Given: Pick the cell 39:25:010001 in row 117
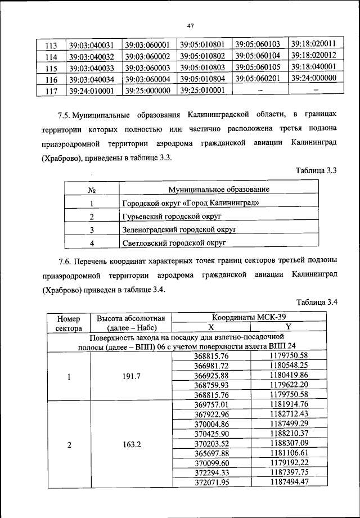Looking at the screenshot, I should point(202,89).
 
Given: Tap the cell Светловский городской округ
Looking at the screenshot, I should point(174,243).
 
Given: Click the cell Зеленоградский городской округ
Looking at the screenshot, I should point(179,229).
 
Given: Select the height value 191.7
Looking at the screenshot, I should point(130,376).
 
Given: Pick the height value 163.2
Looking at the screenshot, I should point(130,444).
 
